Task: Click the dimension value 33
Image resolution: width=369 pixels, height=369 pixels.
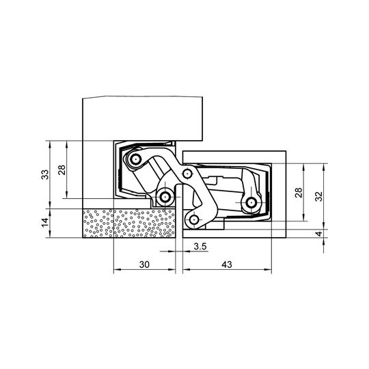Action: pos(45,174)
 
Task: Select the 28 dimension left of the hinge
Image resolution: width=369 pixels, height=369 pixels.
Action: pos(62,169)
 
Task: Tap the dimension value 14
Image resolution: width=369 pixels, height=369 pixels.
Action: pos(45,222)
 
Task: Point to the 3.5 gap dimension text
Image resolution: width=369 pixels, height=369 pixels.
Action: pos(200,247)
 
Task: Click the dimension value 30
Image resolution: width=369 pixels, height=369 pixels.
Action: pos(144,264)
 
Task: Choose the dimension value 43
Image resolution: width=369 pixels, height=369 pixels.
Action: pos(227,264)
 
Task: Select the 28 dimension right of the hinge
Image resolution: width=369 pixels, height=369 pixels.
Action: pos(299,193)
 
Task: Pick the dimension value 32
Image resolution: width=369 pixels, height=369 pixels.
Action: pos(318,196)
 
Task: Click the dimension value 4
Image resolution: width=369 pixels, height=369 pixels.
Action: pos(319,234)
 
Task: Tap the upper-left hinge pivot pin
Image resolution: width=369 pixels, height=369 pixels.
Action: pos(135,159)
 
